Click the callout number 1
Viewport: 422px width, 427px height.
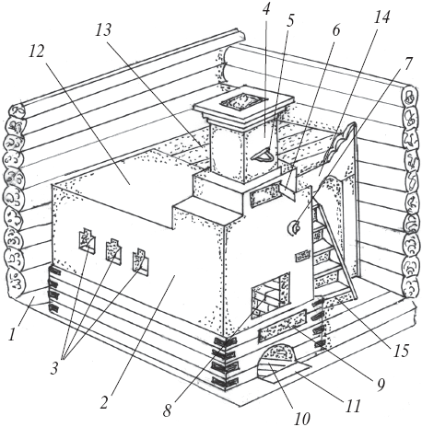point(12,334)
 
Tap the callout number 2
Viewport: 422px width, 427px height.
point(104,402)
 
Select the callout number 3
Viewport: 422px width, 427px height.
point(54,368)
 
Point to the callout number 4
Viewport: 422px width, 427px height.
point(266,9)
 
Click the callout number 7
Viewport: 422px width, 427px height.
point(407,63)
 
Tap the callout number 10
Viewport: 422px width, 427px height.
point(302,419)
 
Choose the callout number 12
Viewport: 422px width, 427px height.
point(36,52)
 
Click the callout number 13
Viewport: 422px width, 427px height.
point(103,30)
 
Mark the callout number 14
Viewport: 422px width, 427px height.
point(381,17)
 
